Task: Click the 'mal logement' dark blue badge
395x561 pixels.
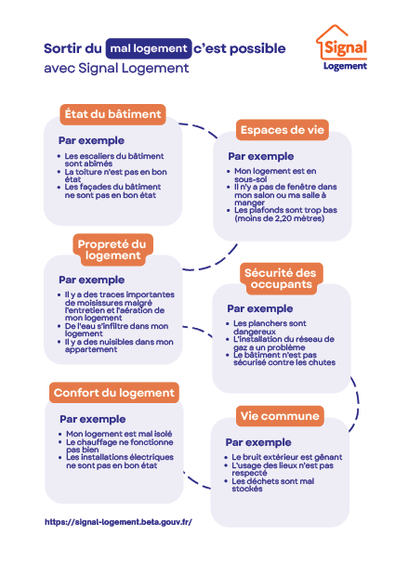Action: (149, 48)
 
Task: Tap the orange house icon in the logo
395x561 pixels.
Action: (331, 39)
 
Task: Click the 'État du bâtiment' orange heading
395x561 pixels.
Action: (112, 114)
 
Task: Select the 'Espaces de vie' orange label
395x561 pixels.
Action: (283, 130)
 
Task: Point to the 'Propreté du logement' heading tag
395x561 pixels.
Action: (112, 250)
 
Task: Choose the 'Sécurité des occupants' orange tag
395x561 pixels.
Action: (281, 279)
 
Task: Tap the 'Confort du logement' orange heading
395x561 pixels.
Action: (114, 393)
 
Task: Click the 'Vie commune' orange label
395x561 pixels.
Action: (280, 416)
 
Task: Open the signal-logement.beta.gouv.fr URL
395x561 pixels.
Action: (118, 522)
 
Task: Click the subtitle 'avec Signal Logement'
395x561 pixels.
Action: (116, 68)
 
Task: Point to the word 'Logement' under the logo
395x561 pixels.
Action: (345, 66)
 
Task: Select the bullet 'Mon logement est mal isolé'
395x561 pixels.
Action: (119, 434)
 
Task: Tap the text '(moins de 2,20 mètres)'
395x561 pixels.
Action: (280, 218)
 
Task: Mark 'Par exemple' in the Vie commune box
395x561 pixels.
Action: (258, 442)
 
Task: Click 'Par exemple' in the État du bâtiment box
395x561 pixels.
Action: (91, 140)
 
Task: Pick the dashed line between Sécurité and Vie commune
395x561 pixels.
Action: (357, 403)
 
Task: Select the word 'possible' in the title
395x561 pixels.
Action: (257, 48)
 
